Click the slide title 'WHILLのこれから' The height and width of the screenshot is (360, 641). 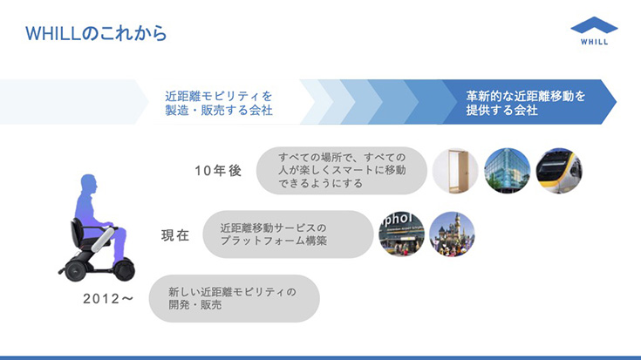pos(96,33)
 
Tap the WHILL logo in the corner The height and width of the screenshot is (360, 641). pos(594,31)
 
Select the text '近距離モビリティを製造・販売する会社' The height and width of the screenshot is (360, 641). pos(219,103)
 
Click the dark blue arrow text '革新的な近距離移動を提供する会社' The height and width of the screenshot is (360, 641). pos(526,103)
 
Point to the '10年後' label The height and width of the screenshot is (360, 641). pos(218,170)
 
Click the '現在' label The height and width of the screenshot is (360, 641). pos(175,235)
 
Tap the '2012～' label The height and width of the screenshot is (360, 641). pos(108,299)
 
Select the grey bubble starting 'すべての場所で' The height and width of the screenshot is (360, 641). pos(342,170)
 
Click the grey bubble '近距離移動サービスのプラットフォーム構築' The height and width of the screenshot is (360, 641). pos(288,234)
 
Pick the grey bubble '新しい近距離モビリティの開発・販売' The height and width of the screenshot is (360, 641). pos(235,298)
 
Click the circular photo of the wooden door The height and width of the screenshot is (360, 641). pos(455,170)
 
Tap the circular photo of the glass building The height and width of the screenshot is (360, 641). pos(507,170)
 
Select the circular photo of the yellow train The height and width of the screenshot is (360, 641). pos(559,170)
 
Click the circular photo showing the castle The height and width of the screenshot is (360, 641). pos(452,234)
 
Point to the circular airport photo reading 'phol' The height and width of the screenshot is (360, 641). pos(401,234)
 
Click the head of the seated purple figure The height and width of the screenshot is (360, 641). pos(89,183)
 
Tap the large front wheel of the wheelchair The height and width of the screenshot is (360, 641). pos(124,269)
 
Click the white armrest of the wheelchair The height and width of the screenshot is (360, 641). pos(103,240)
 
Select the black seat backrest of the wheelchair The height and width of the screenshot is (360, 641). pos(77,232)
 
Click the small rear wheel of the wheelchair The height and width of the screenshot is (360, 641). pos(76,270)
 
